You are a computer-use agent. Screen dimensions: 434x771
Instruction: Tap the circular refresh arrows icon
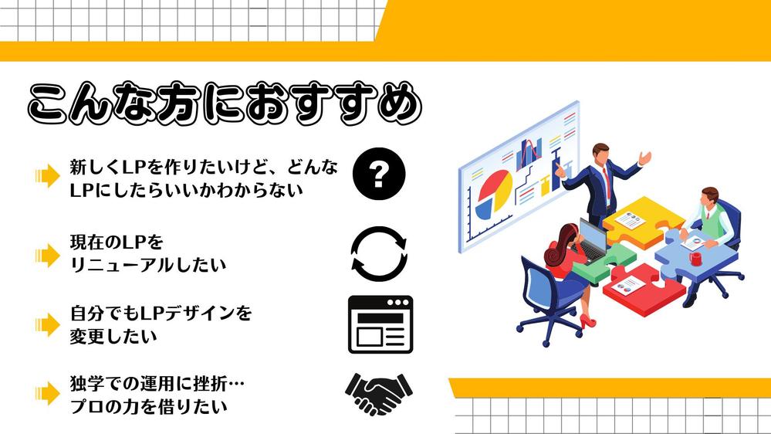pos(378,253)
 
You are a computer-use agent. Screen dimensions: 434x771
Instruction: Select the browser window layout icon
pos(380,324)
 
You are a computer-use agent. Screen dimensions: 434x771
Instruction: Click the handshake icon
pos(378,393)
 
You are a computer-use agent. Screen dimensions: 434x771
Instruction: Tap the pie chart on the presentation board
pos(493,192)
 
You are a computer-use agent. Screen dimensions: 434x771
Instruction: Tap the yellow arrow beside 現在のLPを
pos(47,254)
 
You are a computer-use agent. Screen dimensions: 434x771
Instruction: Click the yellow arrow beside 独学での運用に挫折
pos(47,394)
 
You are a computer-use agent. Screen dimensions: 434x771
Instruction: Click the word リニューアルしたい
pos(147,265)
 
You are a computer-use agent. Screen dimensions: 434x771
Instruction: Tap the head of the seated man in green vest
pos(710,196)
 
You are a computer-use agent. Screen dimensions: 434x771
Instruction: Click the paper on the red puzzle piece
pos(630,283)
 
